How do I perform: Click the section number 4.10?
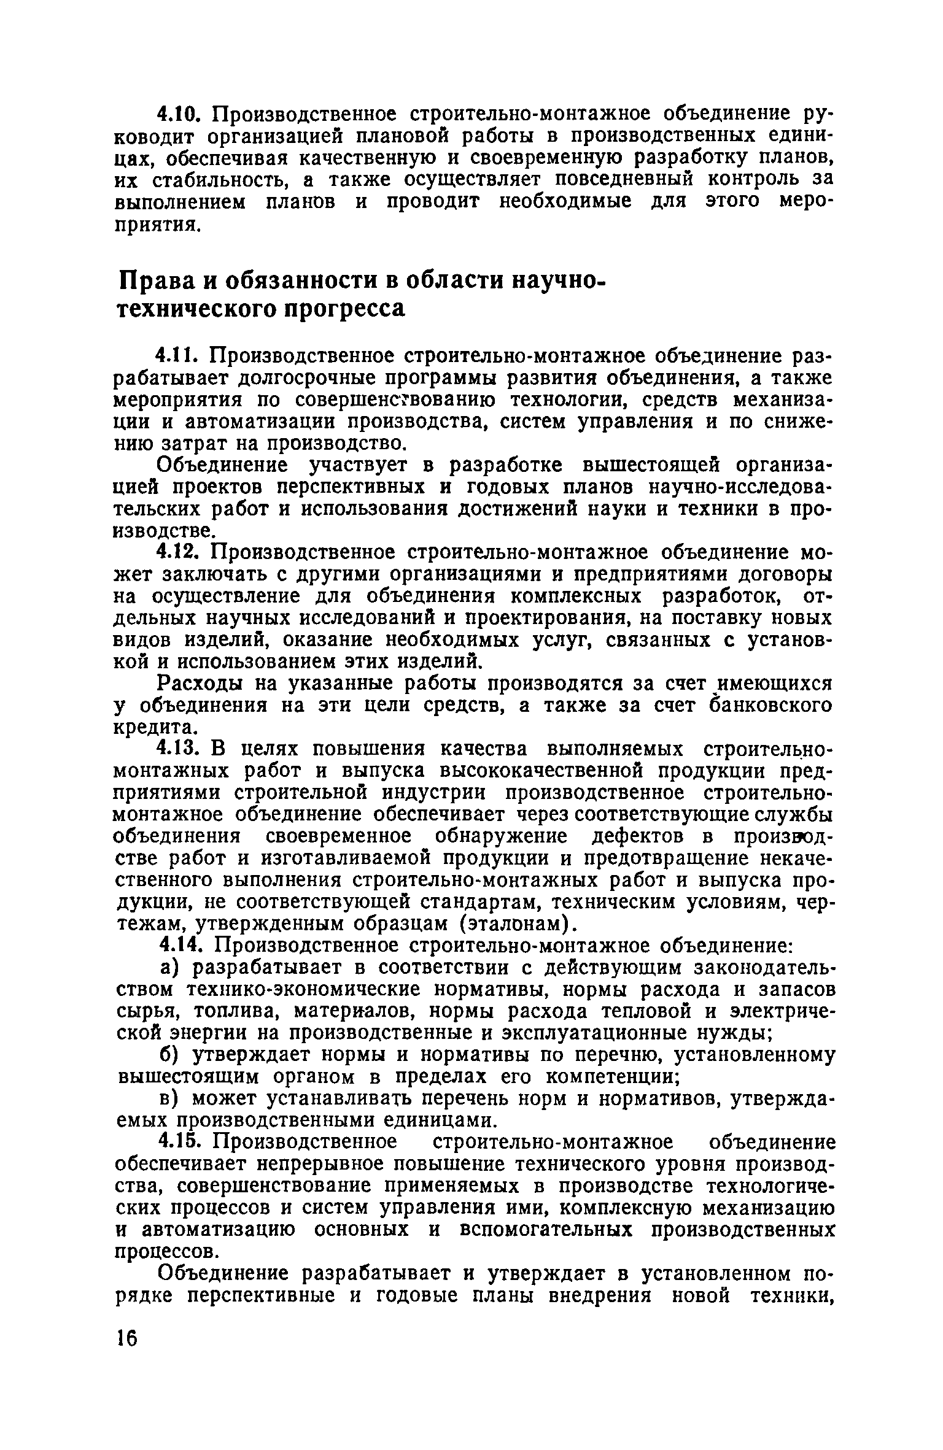point(177,114)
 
